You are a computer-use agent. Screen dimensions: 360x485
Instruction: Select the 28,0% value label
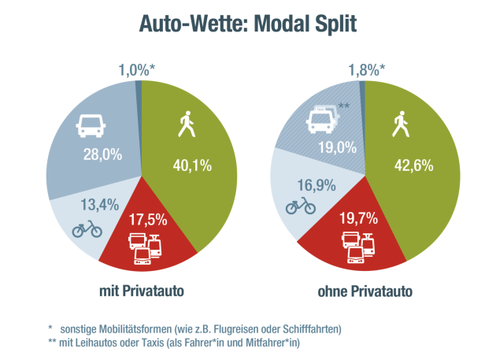pos(102,155)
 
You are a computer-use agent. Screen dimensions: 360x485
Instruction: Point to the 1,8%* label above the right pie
pos(366,69)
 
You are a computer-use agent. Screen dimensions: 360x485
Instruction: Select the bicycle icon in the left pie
pos(87,229)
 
